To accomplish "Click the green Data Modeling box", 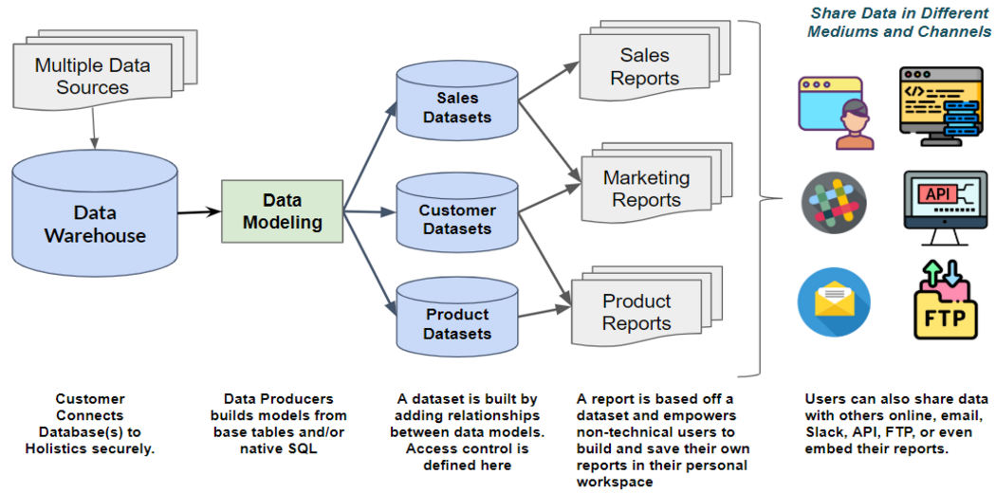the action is click(282, 211).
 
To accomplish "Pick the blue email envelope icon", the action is click(834, 302).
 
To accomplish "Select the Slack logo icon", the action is click(834, 202).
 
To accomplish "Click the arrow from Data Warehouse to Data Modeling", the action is click(199, 212).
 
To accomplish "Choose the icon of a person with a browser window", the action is click(834, 112).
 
